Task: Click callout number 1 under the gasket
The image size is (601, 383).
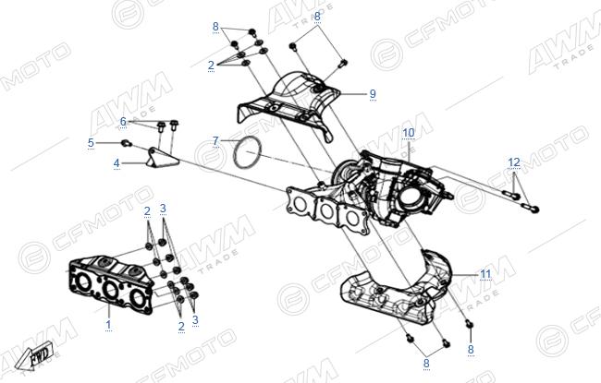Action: coord(108,325)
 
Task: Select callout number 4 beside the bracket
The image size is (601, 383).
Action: coord(117,163)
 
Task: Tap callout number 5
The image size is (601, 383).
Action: coord(91,143)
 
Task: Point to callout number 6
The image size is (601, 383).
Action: coord(123,121)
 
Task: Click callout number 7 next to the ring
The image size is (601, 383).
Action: coord(215,141)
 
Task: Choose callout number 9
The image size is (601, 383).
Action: coord(373,94)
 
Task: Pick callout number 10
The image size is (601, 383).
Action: coord(409,132)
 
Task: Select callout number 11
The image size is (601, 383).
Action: coord(485,274)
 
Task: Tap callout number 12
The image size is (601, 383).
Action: coord(514,162)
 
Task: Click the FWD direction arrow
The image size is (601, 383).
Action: coord(35,355)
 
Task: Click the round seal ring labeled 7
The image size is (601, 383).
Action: coord(248,152)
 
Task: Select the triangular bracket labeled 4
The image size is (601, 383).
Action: coord(163,158)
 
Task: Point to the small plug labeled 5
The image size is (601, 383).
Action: coord(127,143)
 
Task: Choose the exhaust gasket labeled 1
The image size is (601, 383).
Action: coord(111,284)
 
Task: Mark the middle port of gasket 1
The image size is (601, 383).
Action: coord(111,289)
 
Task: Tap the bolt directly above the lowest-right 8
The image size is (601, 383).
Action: coord(470,325)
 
